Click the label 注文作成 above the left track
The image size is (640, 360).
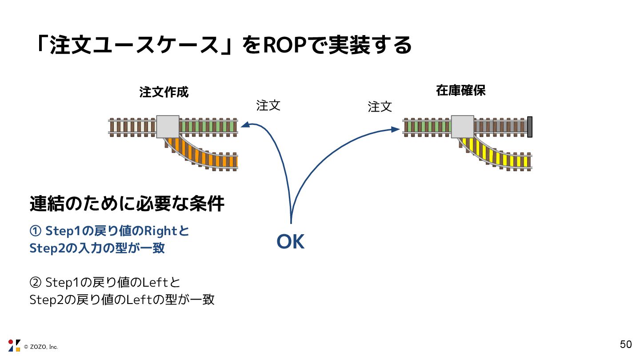point(164,92)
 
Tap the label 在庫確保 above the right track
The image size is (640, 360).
point(460,91)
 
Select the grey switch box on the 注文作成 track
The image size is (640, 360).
point(168,127)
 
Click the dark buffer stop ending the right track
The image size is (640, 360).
point(529,127)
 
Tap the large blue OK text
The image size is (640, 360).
point(290,242)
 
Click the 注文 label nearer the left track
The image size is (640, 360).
point(268,105)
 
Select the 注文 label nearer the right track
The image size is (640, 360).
point(380,107)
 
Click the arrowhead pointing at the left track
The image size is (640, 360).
point(244,126)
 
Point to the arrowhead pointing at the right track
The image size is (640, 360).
point(396,129)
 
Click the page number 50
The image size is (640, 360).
point(626,344)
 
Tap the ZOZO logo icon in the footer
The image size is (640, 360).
point(14,345)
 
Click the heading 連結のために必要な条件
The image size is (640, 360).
point(127,204)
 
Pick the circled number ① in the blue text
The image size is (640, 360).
point(35,232)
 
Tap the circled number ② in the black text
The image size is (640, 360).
point(35,283)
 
